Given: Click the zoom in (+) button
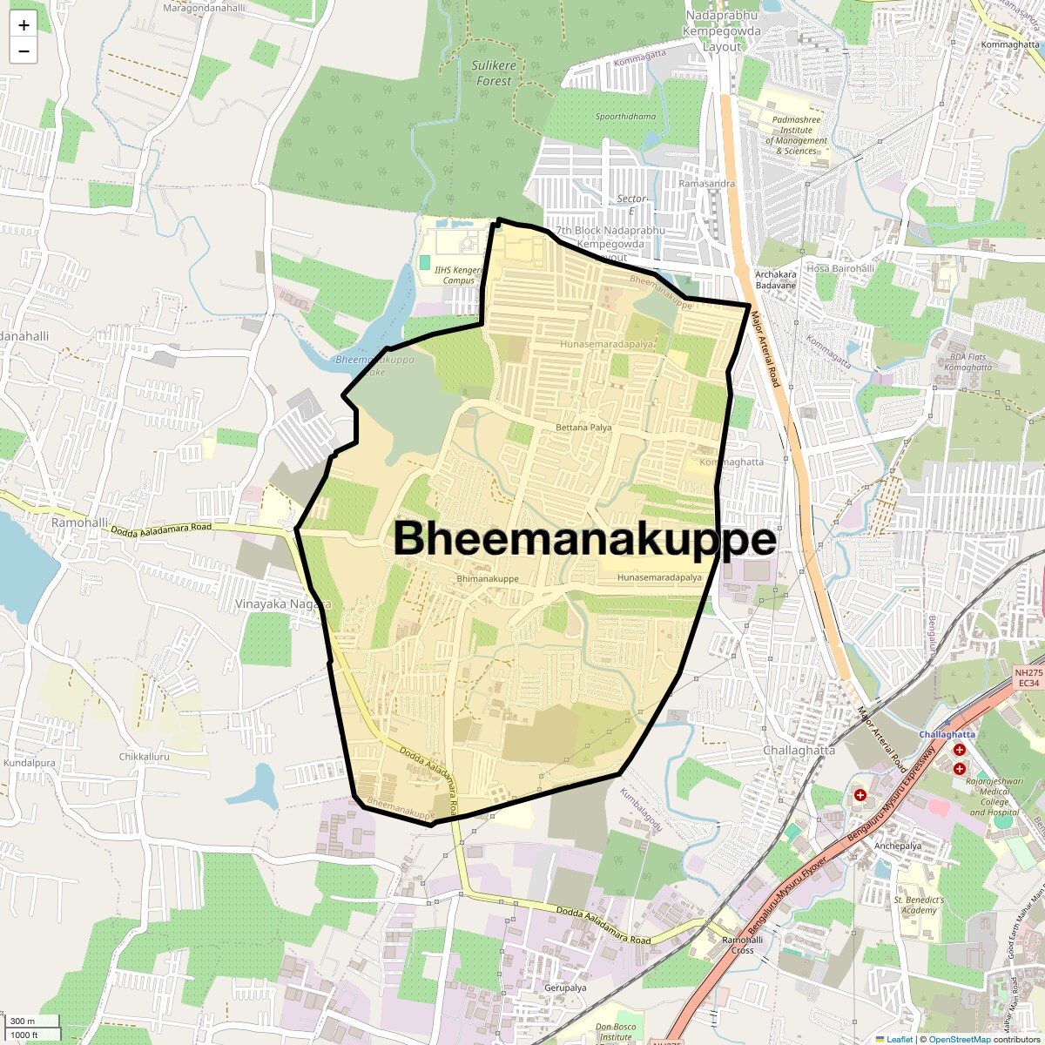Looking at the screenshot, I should click(24, 25).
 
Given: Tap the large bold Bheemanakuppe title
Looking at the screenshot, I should click(584, 539).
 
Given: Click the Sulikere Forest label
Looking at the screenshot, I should click(494, 73).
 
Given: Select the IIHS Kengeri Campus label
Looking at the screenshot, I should click(458, 275).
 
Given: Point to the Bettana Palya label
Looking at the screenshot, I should click(583, 428).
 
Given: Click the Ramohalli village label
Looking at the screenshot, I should click(80, 522).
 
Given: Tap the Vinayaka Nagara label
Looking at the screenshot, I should click(283, 603).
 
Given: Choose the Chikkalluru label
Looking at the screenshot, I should click(144, 757).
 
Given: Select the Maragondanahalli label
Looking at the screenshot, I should click(204, 9).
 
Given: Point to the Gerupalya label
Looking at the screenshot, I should click(565, 988).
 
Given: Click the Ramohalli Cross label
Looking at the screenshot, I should click(743, 945).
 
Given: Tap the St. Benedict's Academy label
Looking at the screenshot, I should click(919, 905).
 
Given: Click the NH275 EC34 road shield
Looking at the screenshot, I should click(1028, 678).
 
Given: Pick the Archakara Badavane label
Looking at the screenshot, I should click(775, 280).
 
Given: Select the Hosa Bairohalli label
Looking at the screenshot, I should click(840, 268).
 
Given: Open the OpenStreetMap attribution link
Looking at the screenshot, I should click(959, 1039).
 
